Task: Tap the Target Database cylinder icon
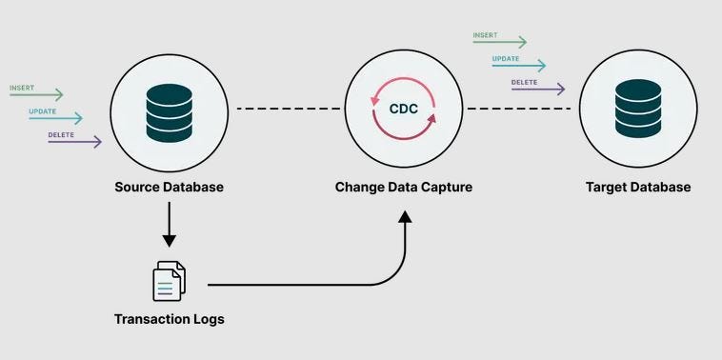click(636, 108)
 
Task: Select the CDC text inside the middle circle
click(404, 109)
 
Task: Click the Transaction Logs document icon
click(169, 281)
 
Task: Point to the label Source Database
click(169, 187)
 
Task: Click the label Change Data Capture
click(404, 187)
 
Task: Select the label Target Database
click(637, 187)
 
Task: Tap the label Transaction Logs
click(169, 319)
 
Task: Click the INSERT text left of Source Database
click(23, 88)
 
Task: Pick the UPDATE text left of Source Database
click(43, 110)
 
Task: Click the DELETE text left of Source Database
click(62, 135)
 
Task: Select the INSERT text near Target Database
click(486, 35)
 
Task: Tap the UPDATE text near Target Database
click(506, 59)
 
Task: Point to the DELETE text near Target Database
click(525, 82)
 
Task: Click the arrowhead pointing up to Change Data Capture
click(405, 219)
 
